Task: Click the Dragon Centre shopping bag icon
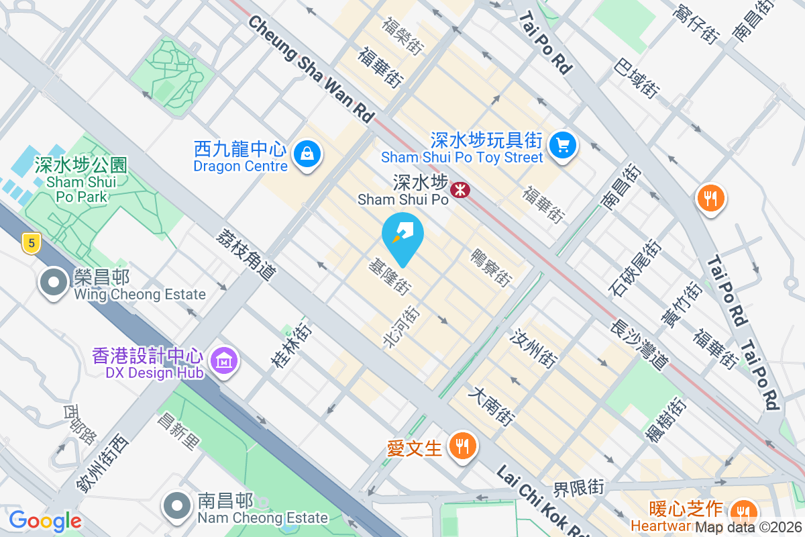[x=307, y=154]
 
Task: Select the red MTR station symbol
[x=460, y=190]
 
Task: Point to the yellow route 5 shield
[x=30, y=243]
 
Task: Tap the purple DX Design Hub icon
[x=224, y=360]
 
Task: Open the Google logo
[x=45, y=520]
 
